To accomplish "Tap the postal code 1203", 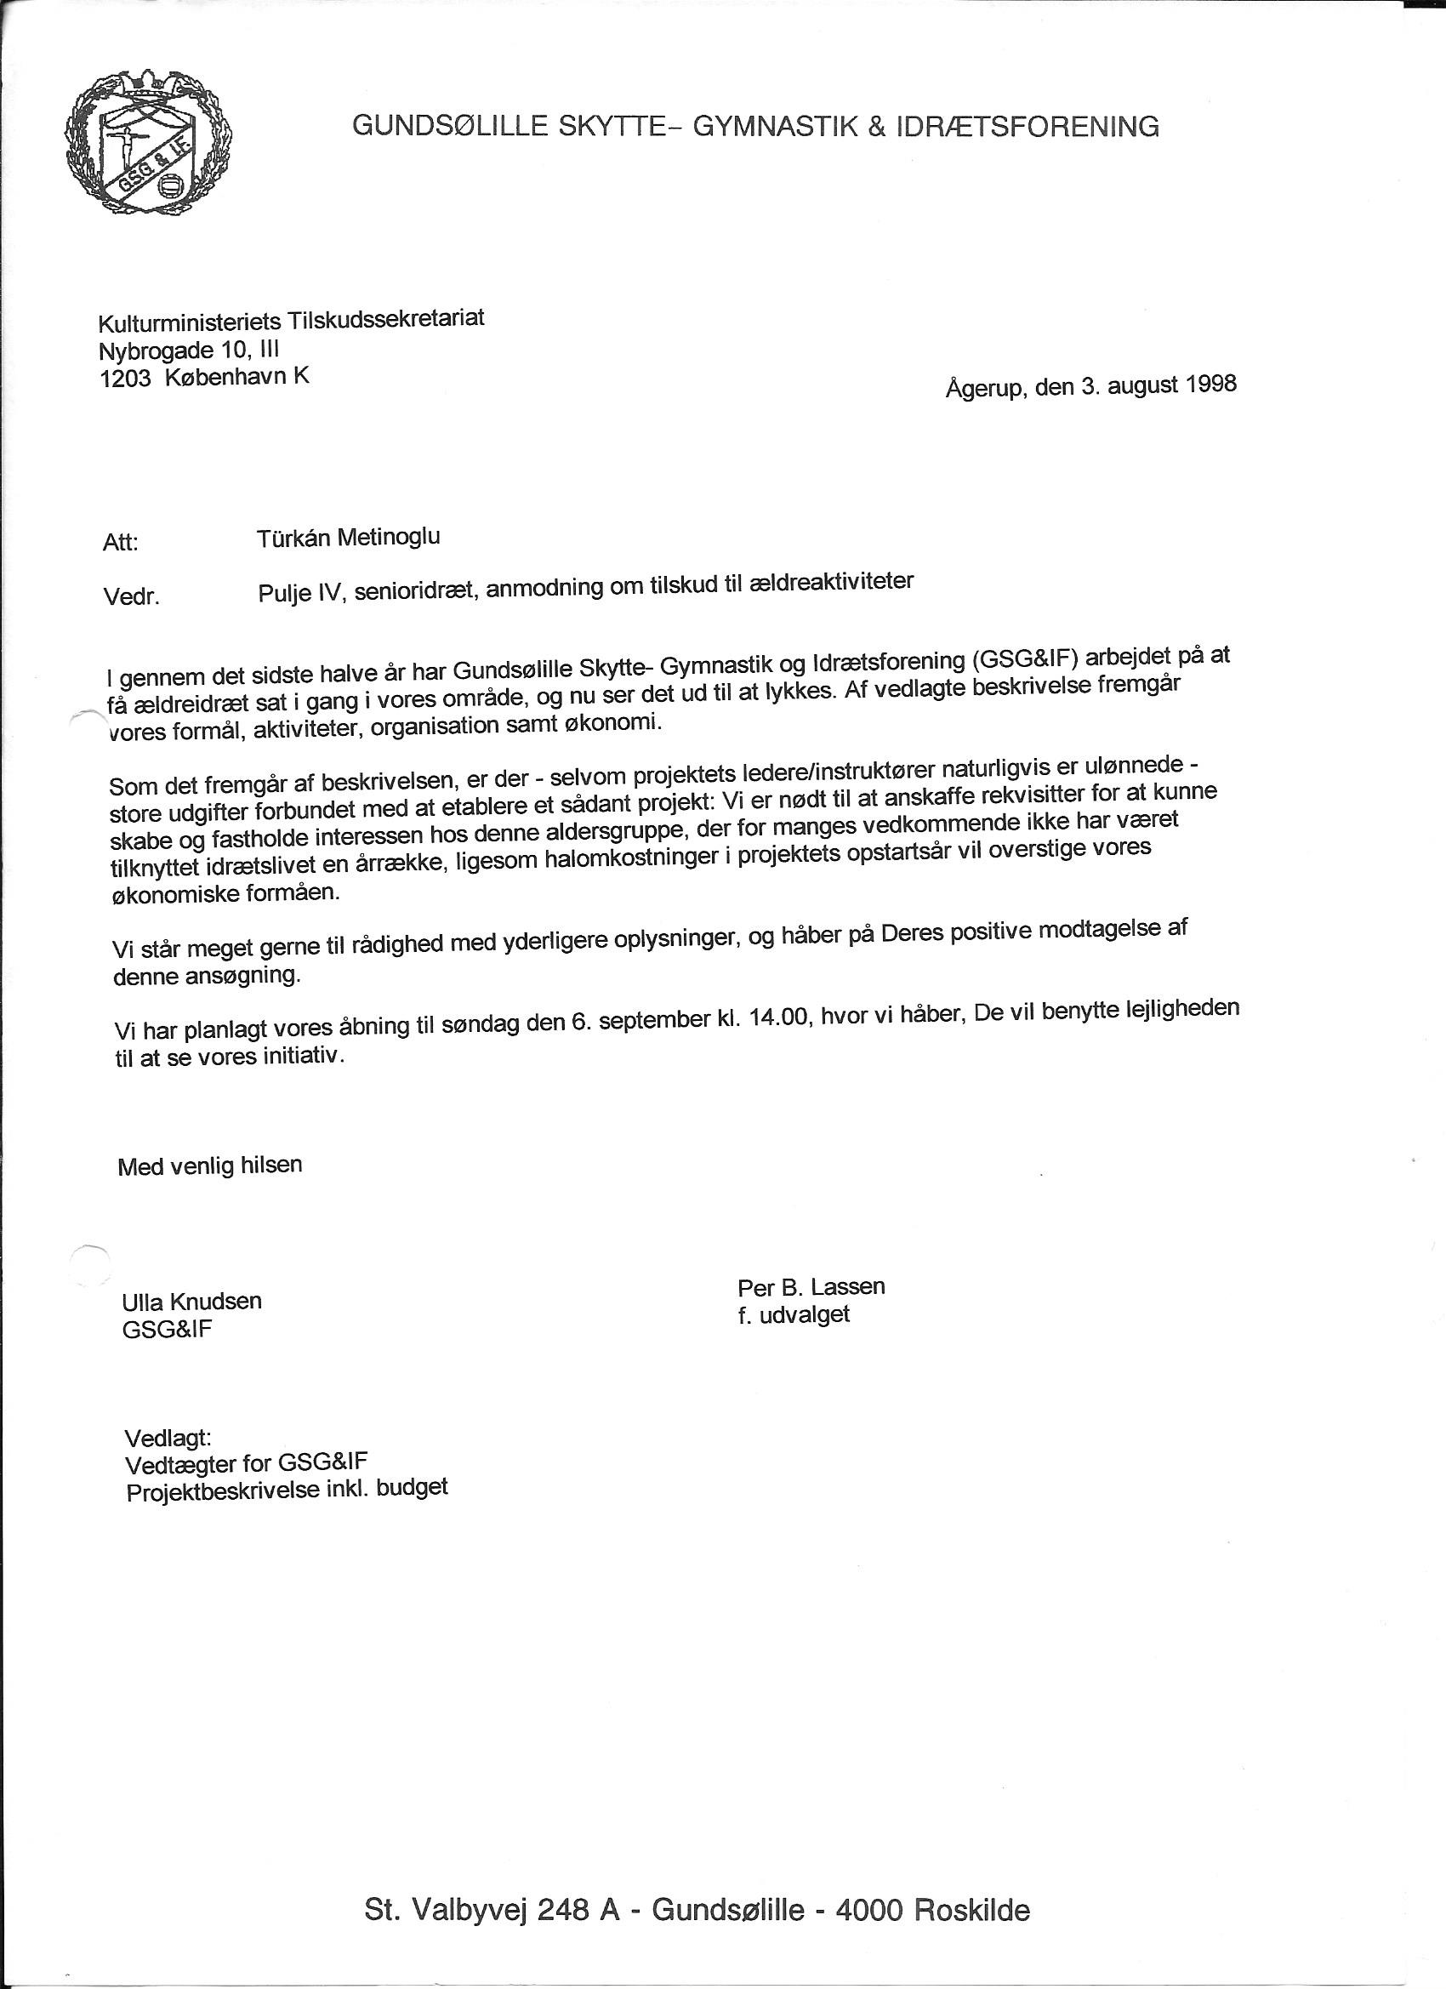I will coord(125,379).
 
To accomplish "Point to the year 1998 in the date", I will coord(1211,385).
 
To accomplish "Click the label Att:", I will coord(120,543).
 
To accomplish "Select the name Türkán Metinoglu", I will coord(348,538).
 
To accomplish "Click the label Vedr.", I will coord(131,598).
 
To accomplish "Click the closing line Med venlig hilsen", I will coord(209,1166).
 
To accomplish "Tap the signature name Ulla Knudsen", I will coord(192,1302).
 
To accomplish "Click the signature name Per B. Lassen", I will coord(811,1287).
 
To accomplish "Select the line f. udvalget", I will coord(794,1315).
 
